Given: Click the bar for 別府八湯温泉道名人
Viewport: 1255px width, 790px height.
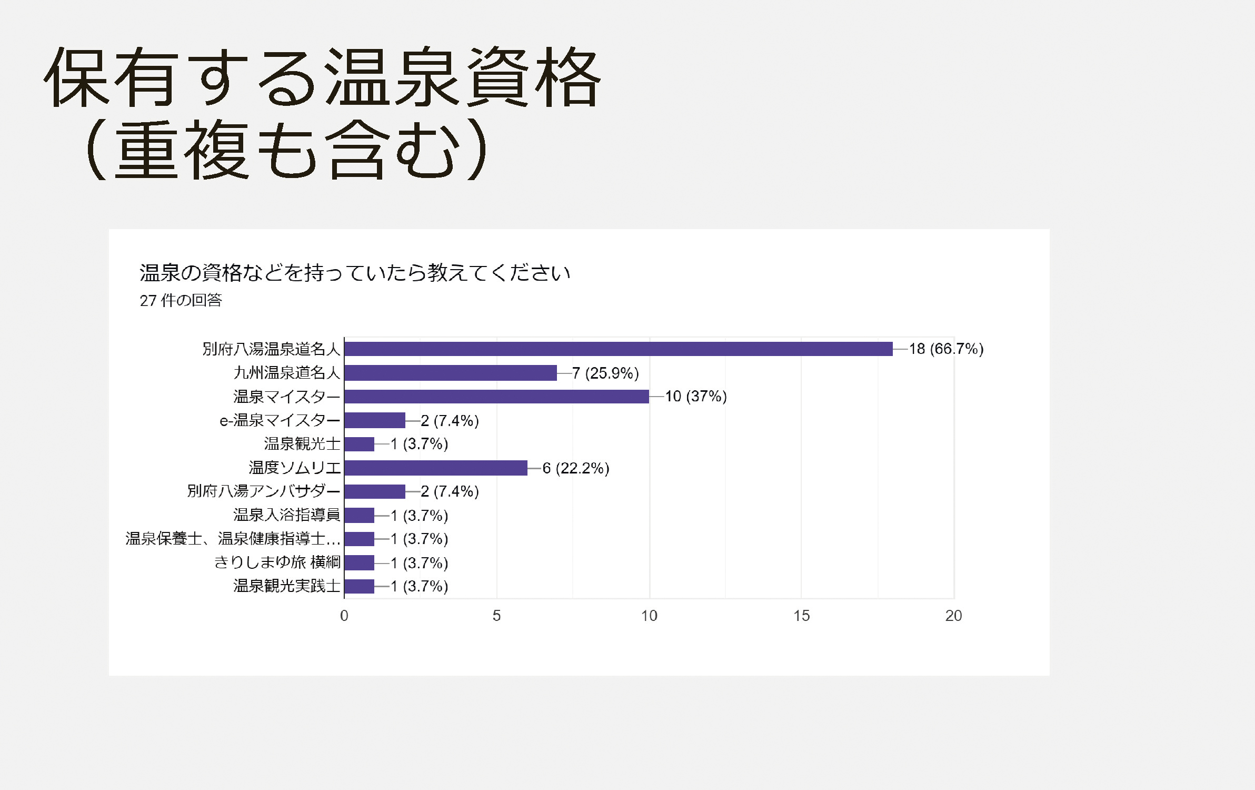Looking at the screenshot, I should (x=618, y=349).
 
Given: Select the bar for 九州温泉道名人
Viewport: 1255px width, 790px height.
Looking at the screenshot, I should (x=451, y=373).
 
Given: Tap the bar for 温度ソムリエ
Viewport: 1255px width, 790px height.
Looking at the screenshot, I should (x=436, y=468).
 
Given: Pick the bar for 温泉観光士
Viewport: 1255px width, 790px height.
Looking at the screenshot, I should (x=360, y=444).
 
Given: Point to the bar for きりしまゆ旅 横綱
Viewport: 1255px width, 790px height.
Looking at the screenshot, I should (x=360, y=562).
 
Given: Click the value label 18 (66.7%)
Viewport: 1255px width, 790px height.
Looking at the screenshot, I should (x=946, y=349).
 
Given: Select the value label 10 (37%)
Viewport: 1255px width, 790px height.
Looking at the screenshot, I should (x=695, y=396).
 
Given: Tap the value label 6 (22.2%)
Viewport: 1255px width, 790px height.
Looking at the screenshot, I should (x=575, y=468).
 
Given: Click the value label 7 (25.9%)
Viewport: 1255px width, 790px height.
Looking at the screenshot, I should (x=605, y=373).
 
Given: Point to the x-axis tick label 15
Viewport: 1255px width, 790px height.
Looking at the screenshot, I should (x=801, y=616).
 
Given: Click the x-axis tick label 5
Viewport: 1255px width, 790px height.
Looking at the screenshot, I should (x=496, y=616).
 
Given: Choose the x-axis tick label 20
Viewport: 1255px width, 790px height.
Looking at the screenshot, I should (x=953, y=616).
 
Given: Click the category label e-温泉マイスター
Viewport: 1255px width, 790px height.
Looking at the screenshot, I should (x=280, y=420).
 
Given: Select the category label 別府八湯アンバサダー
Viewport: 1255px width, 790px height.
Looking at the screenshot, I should (x=264, y=491).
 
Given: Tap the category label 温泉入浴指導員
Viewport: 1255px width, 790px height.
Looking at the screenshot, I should (x=287, y=515).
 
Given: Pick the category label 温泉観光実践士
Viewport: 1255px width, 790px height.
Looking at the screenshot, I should (x=287, y=586).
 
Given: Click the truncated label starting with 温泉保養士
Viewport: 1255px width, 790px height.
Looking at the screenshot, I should (x=233, y=538).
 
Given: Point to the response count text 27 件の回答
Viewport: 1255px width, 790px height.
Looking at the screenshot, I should (x=181, y=300).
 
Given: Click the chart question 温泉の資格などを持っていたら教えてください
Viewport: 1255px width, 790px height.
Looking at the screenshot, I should (x=355, y=273).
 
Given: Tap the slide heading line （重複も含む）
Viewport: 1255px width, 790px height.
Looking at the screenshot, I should (x=287, y=149).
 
